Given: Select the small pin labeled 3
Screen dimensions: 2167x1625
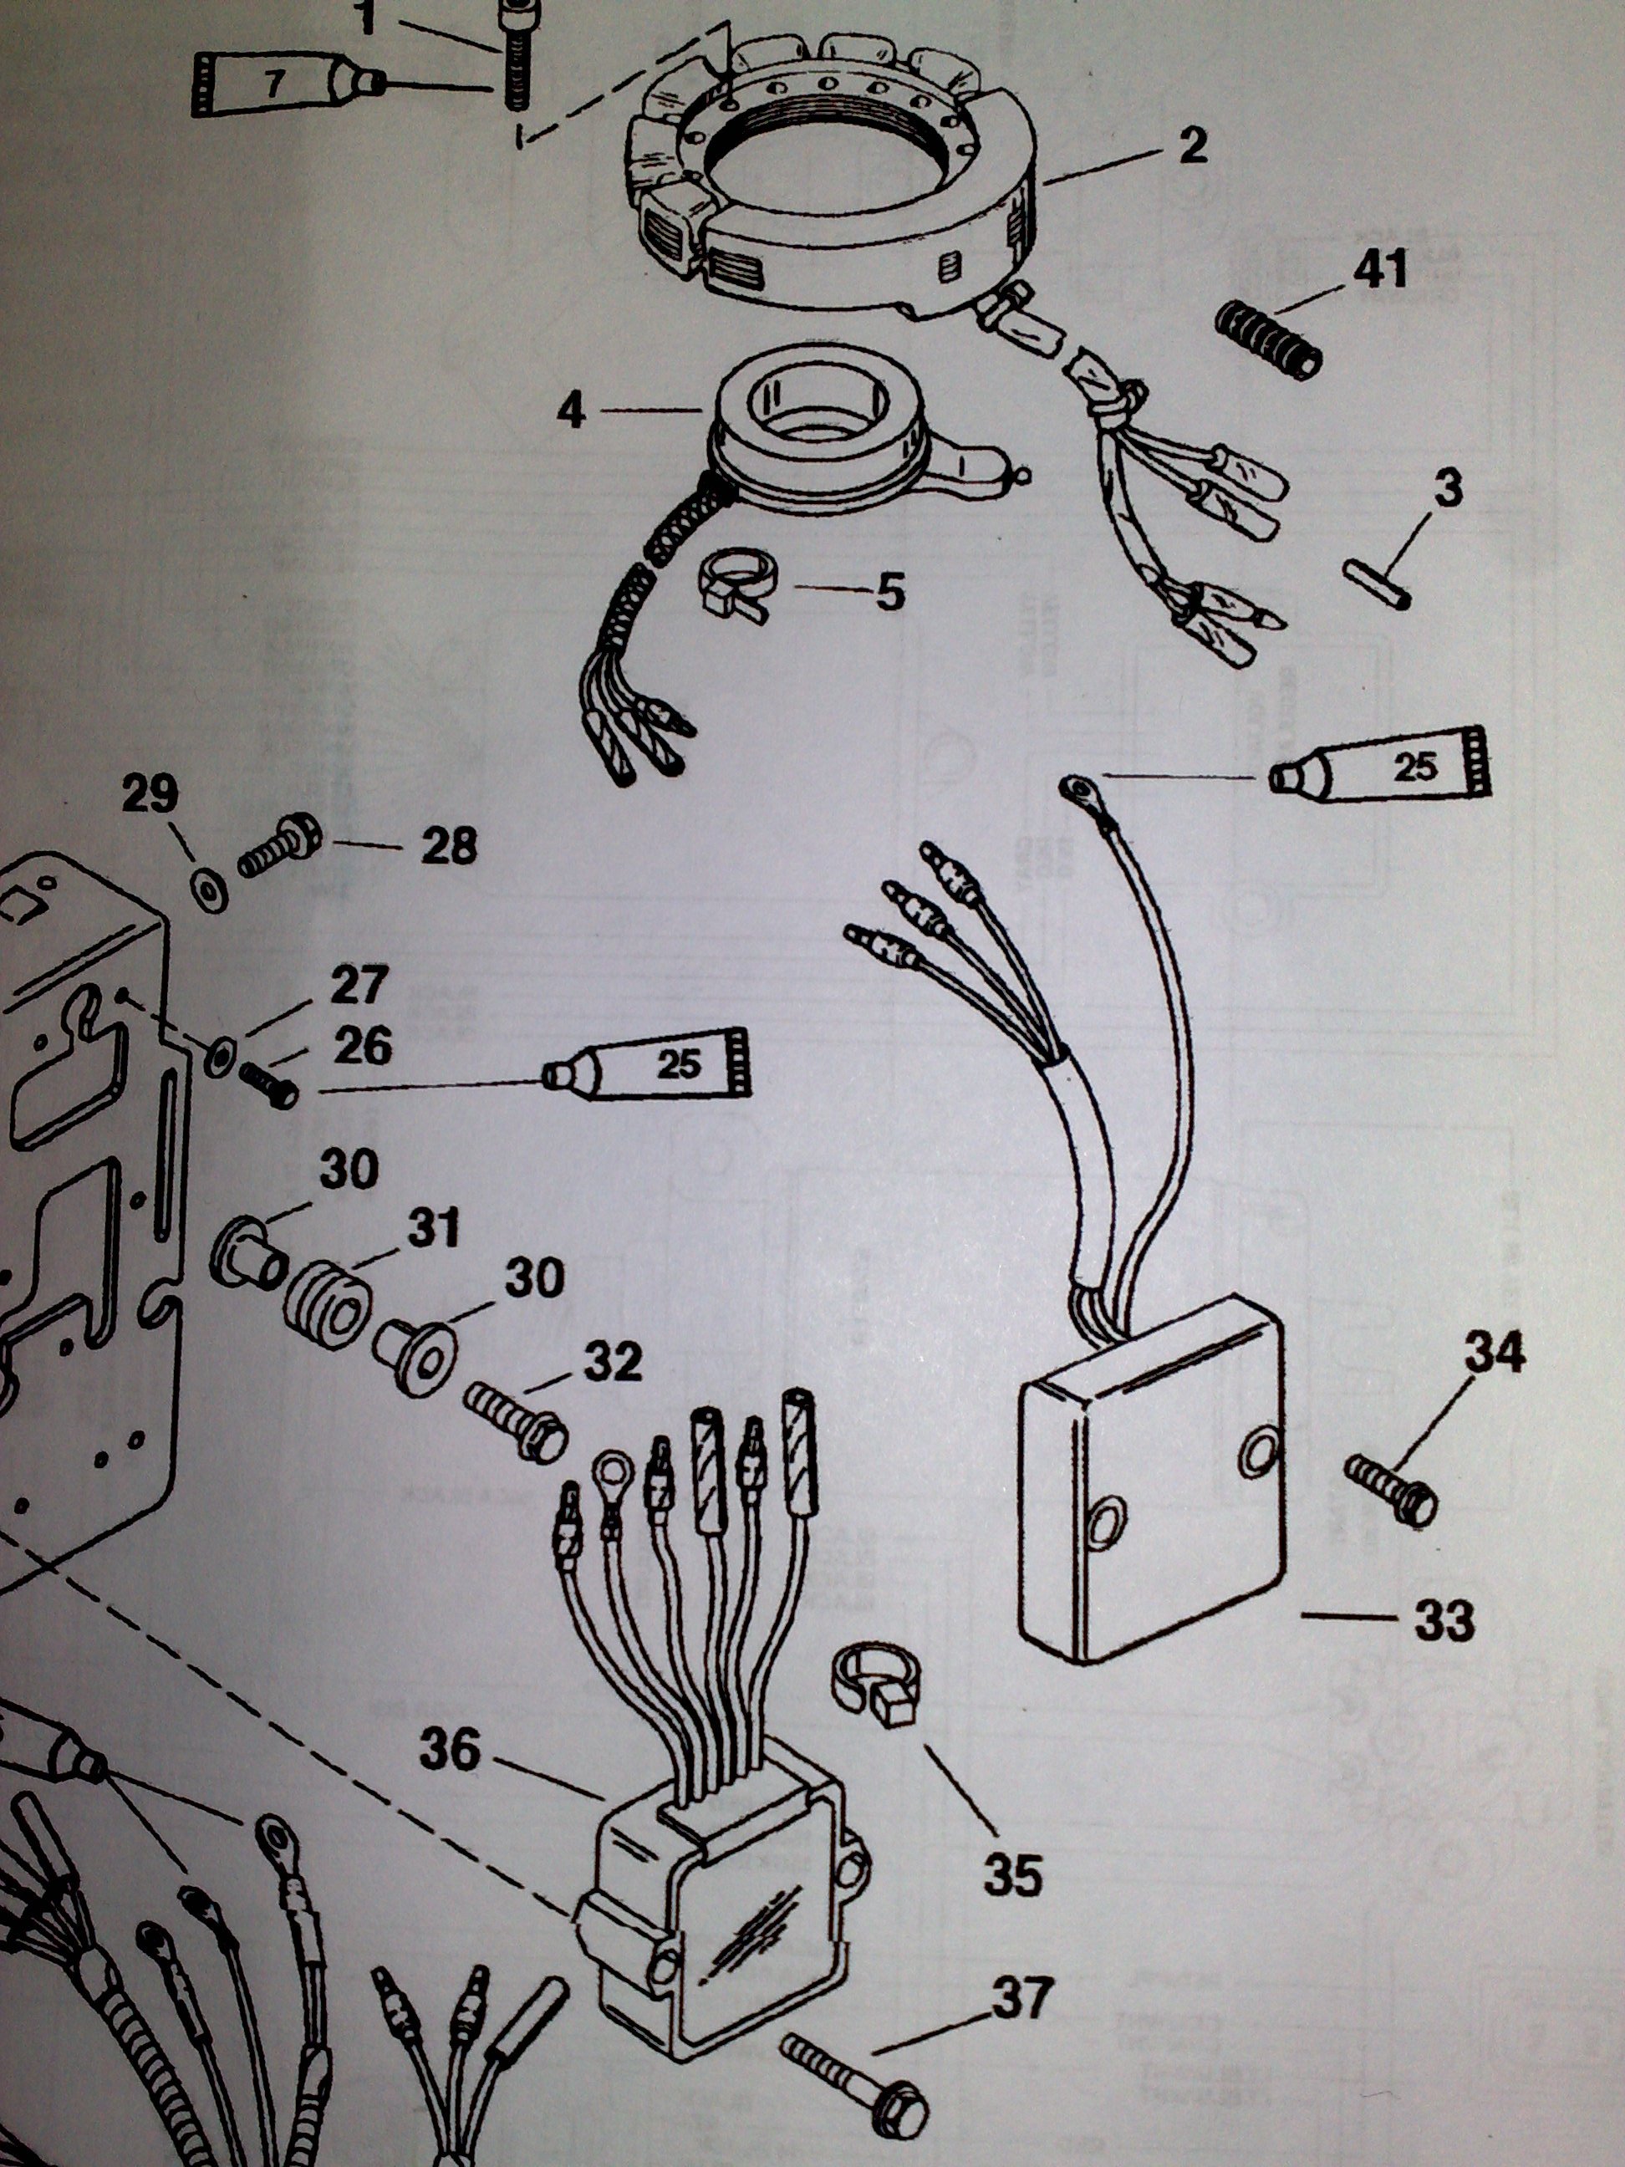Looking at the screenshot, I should click(1378, 583).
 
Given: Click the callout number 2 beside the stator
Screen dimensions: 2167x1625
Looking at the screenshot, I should click(1193, 148).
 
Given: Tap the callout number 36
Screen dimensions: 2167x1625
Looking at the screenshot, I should click(450, 1751).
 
